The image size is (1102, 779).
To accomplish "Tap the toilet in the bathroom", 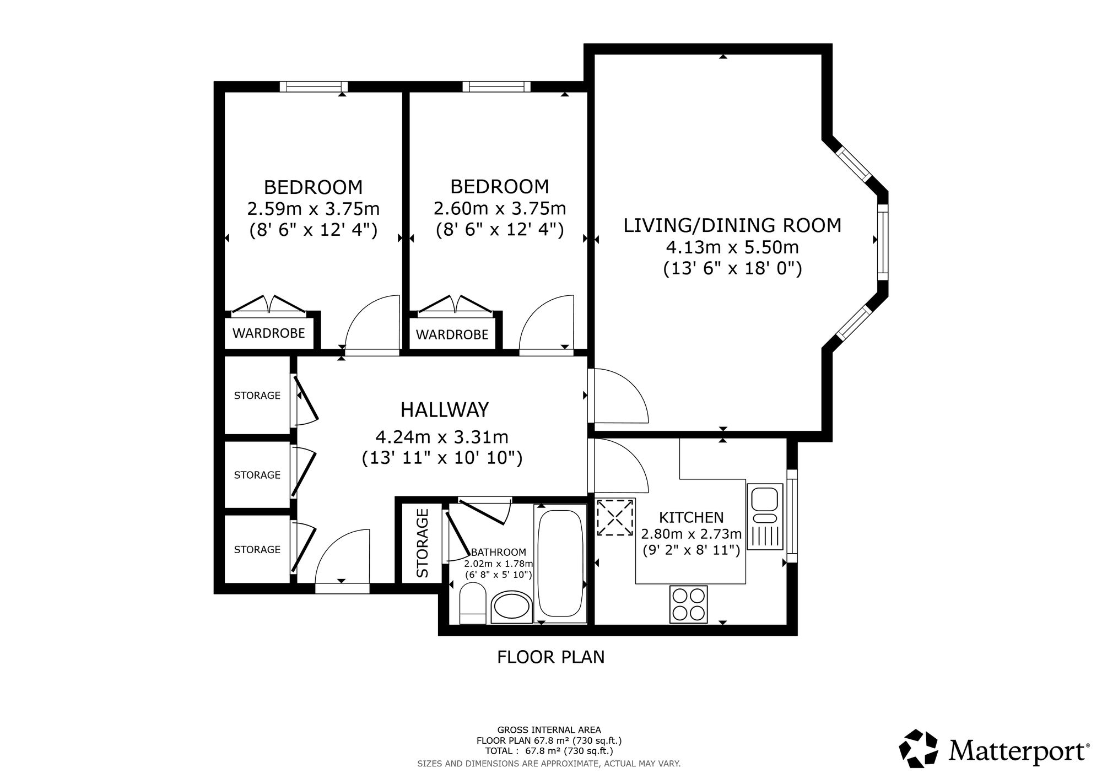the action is [x=472, y=604].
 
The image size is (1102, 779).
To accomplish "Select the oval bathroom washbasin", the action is [x=511, y=608].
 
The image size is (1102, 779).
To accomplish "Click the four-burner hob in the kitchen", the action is [x=688, y=604].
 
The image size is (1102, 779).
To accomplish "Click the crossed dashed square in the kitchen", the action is [x=615, y=517].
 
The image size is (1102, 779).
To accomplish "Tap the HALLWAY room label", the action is [x=445, y=410].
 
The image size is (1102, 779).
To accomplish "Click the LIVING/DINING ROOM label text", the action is [x=732, y=225].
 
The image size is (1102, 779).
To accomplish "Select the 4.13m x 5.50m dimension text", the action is [x=732, y=247].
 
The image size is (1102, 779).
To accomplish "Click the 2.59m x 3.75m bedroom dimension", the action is [x=314, y=209].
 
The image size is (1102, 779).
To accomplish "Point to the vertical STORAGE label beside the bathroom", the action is [x=423, y=543].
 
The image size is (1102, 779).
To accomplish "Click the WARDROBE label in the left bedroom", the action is [x=269, y=333].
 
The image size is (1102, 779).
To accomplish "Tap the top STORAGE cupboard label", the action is [x=257, y=396].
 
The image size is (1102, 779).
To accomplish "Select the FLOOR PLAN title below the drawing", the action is [x=551, y=657].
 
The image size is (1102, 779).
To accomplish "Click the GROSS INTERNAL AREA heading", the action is [x=549, y=730].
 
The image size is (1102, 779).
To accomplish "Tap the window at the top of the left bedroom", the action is [x=314, y=86].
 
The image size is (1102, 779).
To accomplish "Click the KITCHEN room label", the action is [x=692, y=517].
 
